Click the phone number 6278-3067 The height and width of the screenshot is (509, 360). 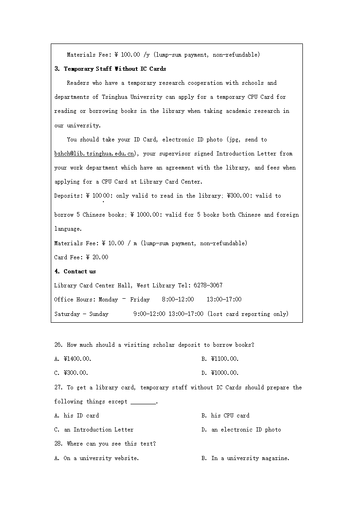pos(208,286)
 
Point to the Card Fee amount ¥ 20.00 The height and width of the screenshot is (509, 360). pos(96,257)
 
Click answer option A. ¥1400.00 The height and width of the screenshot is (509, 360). pos(73,359)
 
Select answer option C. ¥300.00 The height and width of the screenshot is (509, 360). pos(71,373)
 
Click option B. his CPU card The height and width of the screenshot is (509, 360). pos(225,416)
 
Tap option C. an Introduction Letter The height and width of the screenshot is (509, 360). pos(94,430)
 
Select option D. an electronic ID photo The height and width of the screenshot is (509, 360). pos(241,430)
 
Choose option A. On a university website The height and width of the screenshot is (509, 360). pos(97,458)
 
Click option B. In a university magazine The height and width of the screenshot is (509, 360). pos(245,458)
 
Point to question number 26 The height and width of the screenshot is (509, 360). pos(58,345)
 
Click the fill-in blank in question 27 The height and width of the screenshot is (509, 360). pos(143,402)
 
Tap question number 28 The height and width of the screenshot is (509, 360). pos(58,444)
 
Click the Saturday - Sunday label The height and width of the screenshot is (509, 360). pos(82,314)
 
